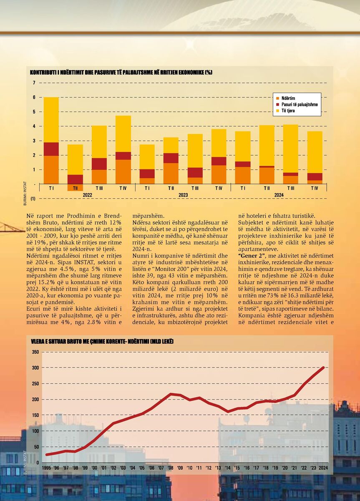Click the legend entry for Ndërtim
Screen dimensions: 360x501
pos(286,98)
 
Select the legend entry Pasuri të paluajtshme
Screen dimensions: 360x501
pos(297,104)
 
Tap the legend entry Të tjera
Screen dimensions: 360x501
pos(285,111)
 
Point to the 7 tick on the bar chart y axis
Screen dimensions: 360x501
pos(34,83)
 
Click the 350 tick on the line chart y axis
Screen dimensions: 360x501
pos(36,352)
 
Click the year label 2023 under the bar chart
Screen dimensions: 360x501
pos(183,195)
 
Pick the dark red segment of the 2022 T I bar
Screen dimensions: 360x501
pos(51,149)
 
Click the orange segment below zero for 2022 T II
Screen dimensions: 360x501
pos(76,187)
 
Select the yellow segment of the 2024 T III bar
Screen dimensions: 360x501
pos(290,149)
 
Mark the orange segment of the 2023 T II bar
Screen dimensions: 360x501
pos(171,174)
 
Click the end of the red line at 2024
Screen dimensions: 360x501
pos(323,367)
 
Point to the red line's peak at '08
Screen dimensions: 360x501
pos(171,394)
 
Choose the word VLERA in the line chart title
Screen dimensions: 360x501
pos(37,342)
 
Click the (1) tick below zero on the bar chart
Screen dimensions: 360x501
pos(33,199)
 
